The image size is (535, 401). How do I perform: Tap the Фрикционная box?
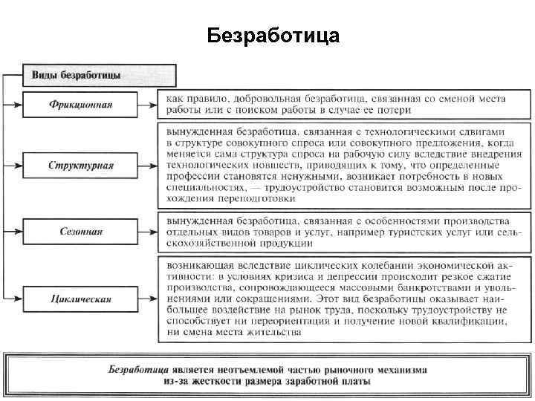(x=82, y=104)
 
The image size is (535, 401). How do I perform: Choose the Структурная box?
(x=82, y=164)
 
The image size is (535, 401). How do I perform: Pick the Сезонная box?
(x=82, y=232)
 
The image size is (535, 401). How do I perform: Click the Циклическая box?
(x=82, y=299)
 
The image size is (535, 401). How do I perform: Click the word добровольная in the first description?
(x=268, y=98)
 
